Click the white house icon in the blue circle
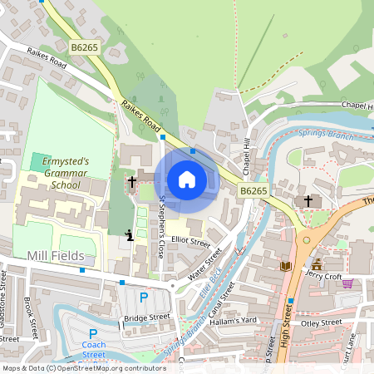click(x=187, y=180)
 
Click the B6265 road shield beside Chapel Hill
click(x=253, y=191)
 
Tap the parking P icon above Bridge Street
click(x=143, y=298)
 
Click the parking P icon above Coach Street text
click(x=94, y=333)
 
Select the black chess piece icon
click(x=129, y=235)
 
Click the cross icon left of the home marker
click(x=131, y=180)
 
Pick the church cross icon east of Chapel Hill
click(x=308, y=200)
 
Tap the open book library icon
click(x=286, y=266)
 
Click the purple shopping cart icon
click(x=347, y=283)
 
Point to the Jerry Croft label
click(x=323, y=273)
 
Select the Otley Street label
click(x=321, y=322)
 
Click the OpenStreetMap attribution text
click(x=83, y=367)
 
